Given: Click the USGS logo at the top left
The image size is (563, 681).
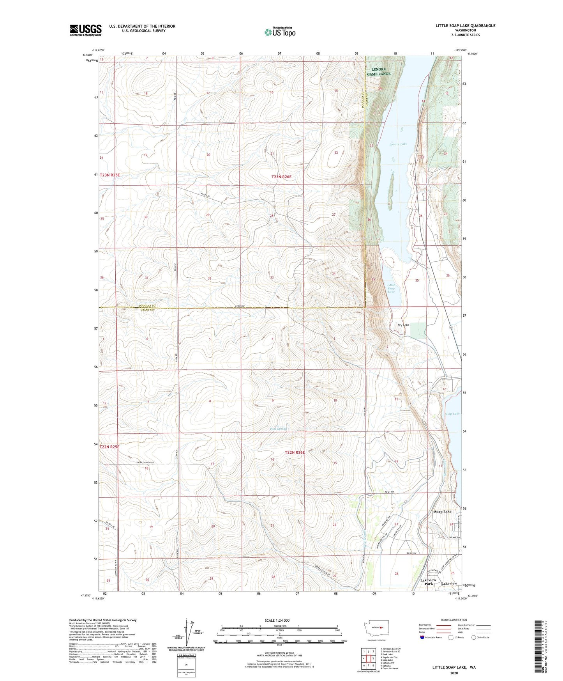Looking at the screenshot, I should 86,30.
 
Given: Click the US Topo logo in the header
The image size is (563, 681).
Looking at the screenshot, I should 280,32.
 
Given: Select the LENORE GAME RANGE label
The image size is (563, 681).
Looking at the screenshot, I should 378,71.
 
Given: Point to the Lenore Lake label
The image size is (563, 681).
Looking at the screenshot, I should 398,144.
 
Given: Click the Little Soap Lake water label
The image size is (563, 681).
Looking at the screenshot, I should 391,288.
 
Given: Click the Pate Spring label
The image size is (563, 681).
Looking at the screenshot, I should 278,429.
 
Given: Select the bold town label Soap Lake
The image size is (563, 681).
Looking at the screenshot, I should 443,511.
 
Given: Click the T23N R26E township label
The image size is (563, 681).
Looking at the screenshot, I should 281,177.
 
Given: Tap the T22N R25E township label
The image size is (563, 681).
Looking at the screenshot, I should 109,447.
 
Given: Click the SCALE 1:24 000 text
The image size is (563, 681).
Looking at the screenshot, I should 277,621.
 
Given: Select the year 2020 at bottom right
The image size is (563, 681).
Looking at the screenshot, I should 454,673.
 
